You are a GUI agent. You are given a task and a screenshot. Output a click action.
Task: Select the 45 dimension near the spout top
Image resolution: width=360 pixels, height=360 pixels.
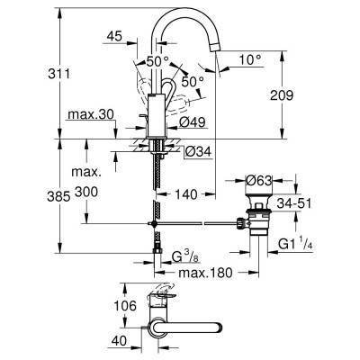pyautogui.click(x=113, y=38)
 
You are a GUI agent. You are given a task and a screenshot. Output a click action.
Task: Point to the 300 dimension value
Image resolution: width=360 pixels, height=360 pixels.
pyautogui.click(x=112, y=193)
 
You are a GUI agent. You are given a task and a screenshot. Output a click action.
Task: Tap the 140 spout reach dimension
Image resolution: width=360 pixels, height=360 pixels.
pyautogui.click(x=184, y=193)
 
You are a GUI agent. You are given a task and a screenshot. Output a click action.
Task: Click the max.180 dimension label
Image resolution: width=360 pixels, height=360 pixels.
pyautogui.click(x=203, y=273)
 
